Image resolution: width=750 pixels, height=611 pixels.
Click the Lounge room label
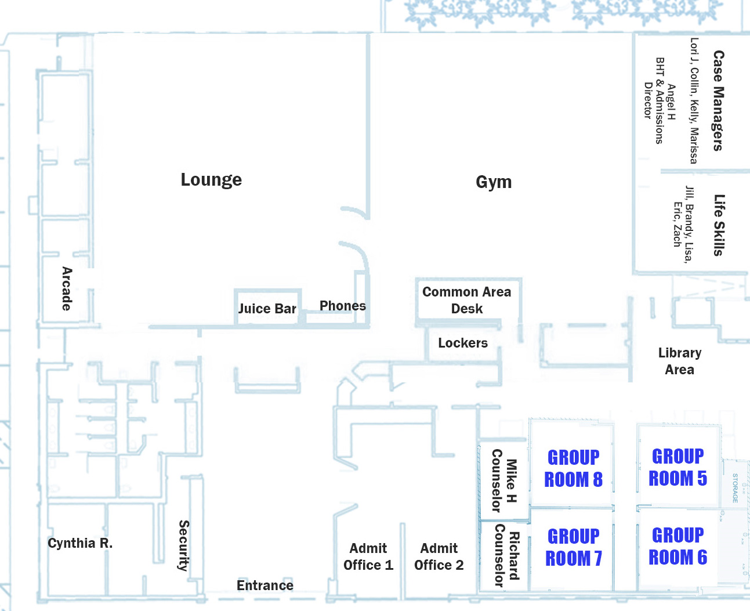click(x=211, y=180)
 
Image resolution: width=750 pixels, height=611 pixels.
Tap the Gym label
click(x=494, y=182)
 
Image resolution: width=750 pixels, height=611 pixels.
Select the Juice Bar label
click(x=267, y=309)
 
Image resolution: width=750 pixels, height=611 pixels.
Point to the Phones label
click(x=343, y=306)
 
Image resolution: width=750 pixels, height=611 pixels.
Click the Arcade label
click(x=67, y=288)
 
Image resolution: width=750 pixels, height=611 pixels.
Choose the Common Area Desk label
click(x=467, y=300)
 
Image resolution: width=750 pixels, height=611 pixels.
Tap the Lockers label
click(x=463, y=343)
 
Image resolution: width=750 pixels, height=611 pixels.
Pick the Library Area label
click(x=680, y=361)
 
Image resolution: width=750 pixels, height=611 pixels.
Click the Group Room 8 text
click(x=574, y=468)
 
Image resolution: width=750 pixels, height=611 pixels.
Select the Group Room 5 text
click(x=678, y=467)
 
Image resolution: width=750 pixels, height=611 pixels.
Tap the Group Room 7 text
click(x=574, y=547)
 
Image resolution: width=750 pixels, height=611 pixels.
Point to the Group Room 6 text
click(x=678, y=546)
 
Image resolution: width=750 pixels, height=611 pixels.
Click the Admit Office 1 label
click(x=368, y=556)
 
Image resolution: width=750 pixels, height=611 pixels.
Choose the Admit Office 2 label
click(x=439, y=556)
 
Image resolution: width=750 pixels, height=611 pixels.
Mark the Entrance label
click(x=265, y=585)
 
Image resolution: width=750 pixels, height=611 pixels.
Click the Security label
click(x=183, y=545)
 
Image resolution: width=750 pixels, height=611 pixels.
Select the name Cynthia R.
click(x=80, y=543)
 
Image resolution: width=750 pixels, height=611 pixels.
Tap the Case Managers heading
click(x=718, y=100)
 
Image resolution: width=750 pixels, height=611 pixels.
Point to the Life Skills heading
click(x=719, y=225)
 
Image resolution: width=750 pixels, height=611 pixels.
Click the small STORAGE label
click(x=735, y=488)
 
